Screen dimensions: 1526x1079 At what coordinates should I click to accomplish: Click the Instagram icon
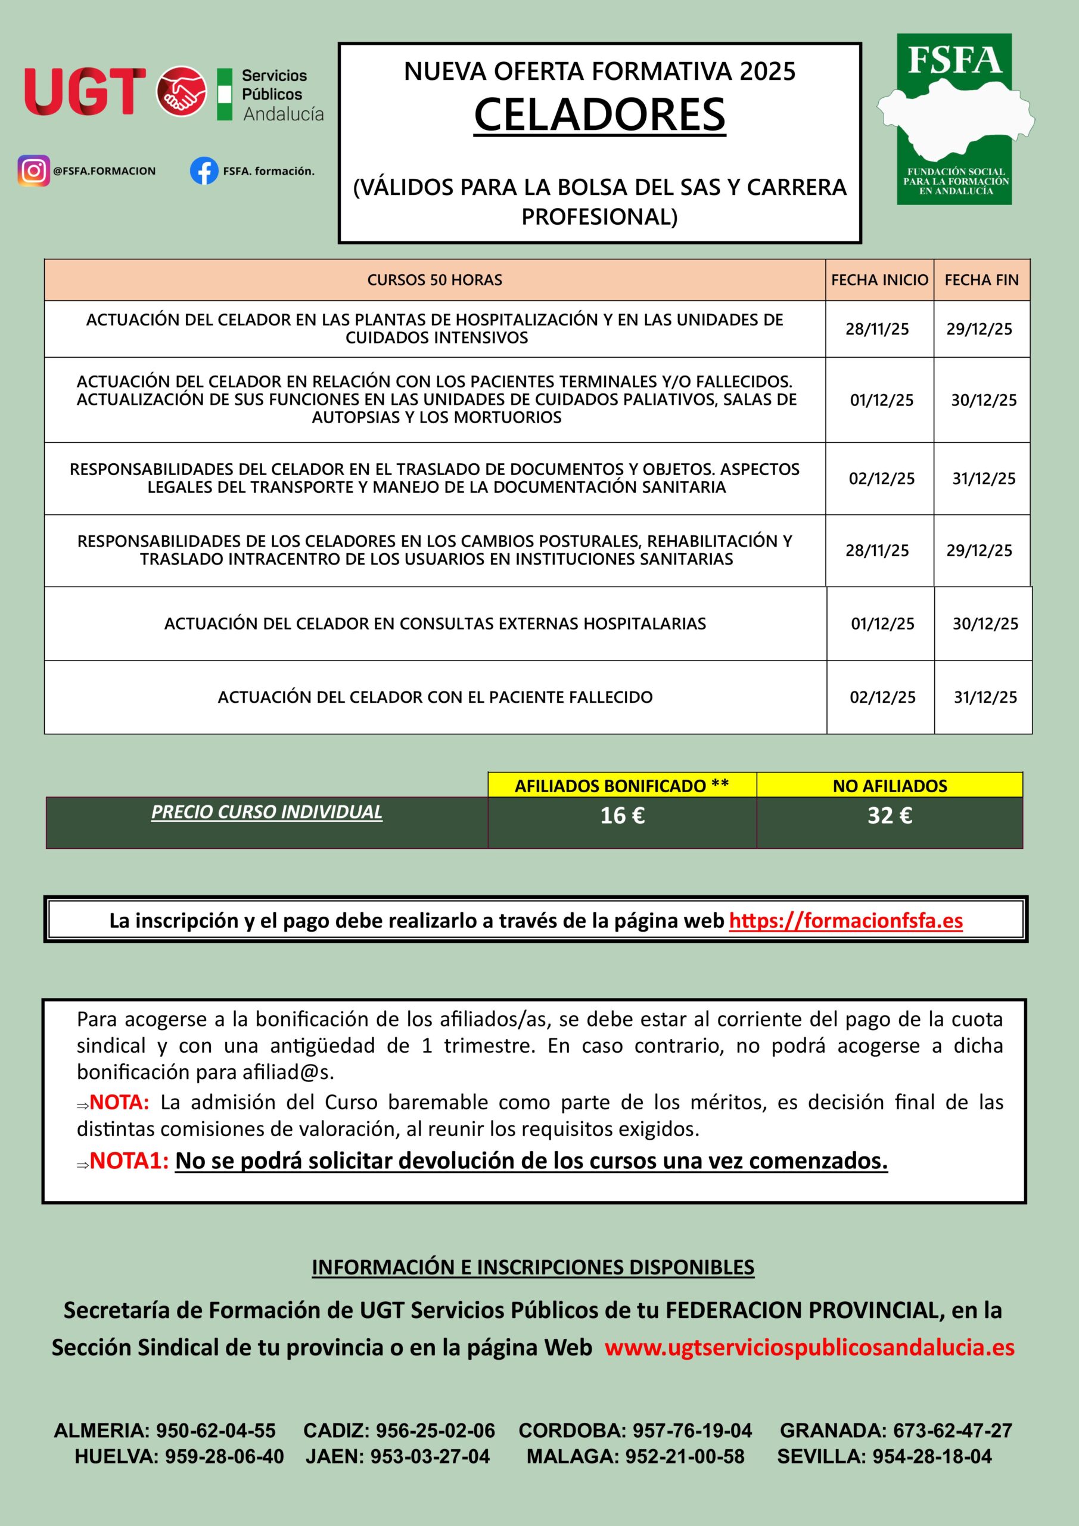tap(33, 171)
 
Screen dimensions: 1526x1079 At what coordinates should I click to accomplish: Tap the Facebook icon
tap(204, 171)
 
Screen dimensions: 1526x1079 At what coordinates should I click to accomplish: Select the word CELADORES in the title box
tap(599, 114)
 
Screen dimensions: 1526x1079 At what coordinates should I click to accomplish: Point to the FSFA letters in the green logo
tap(954, 60)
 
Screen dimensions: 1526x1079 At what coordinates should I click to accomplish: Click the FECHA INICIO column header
tap(879, 280)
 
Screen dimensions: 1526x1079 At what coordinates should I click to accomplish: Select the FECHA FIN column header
tap(981, 280)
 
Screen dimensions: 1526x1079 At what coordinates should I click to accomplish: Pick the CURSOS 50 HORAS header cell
tap(434, 280)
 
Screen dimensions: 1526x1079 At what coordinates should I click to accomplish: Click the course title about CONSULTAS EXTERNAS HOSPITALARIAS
tap(435, 624)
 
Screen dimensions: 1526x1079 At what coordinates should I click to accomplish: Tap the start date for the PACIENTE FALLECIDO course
tap(882, 697)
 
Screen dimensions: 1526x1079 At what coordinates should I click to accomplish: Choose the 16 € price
tap(622, 815)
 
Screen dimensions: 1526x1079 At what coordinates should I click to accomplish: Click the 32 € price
tap(890, 815)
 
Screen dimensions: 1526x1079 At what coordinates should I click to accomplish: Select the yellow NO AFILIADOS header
tap(890, 786)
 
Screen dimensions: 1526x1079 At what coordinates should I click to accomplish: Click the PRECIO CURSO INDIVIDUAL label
tap(266, 812)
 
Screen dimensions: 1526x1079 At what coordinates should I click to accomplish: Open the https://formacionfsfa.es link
tap(846, 920)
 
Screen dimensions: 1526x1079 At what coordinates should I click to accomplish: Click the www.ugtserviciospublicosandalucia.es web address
tap(809, 1347)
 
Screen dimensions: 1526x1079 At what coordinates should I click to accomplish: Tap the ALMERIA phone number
tap(215, 1430)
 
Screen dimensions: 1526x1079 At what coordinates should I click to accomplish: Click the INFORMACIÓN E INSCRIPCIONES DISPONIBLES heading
tap(533, 1267)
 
